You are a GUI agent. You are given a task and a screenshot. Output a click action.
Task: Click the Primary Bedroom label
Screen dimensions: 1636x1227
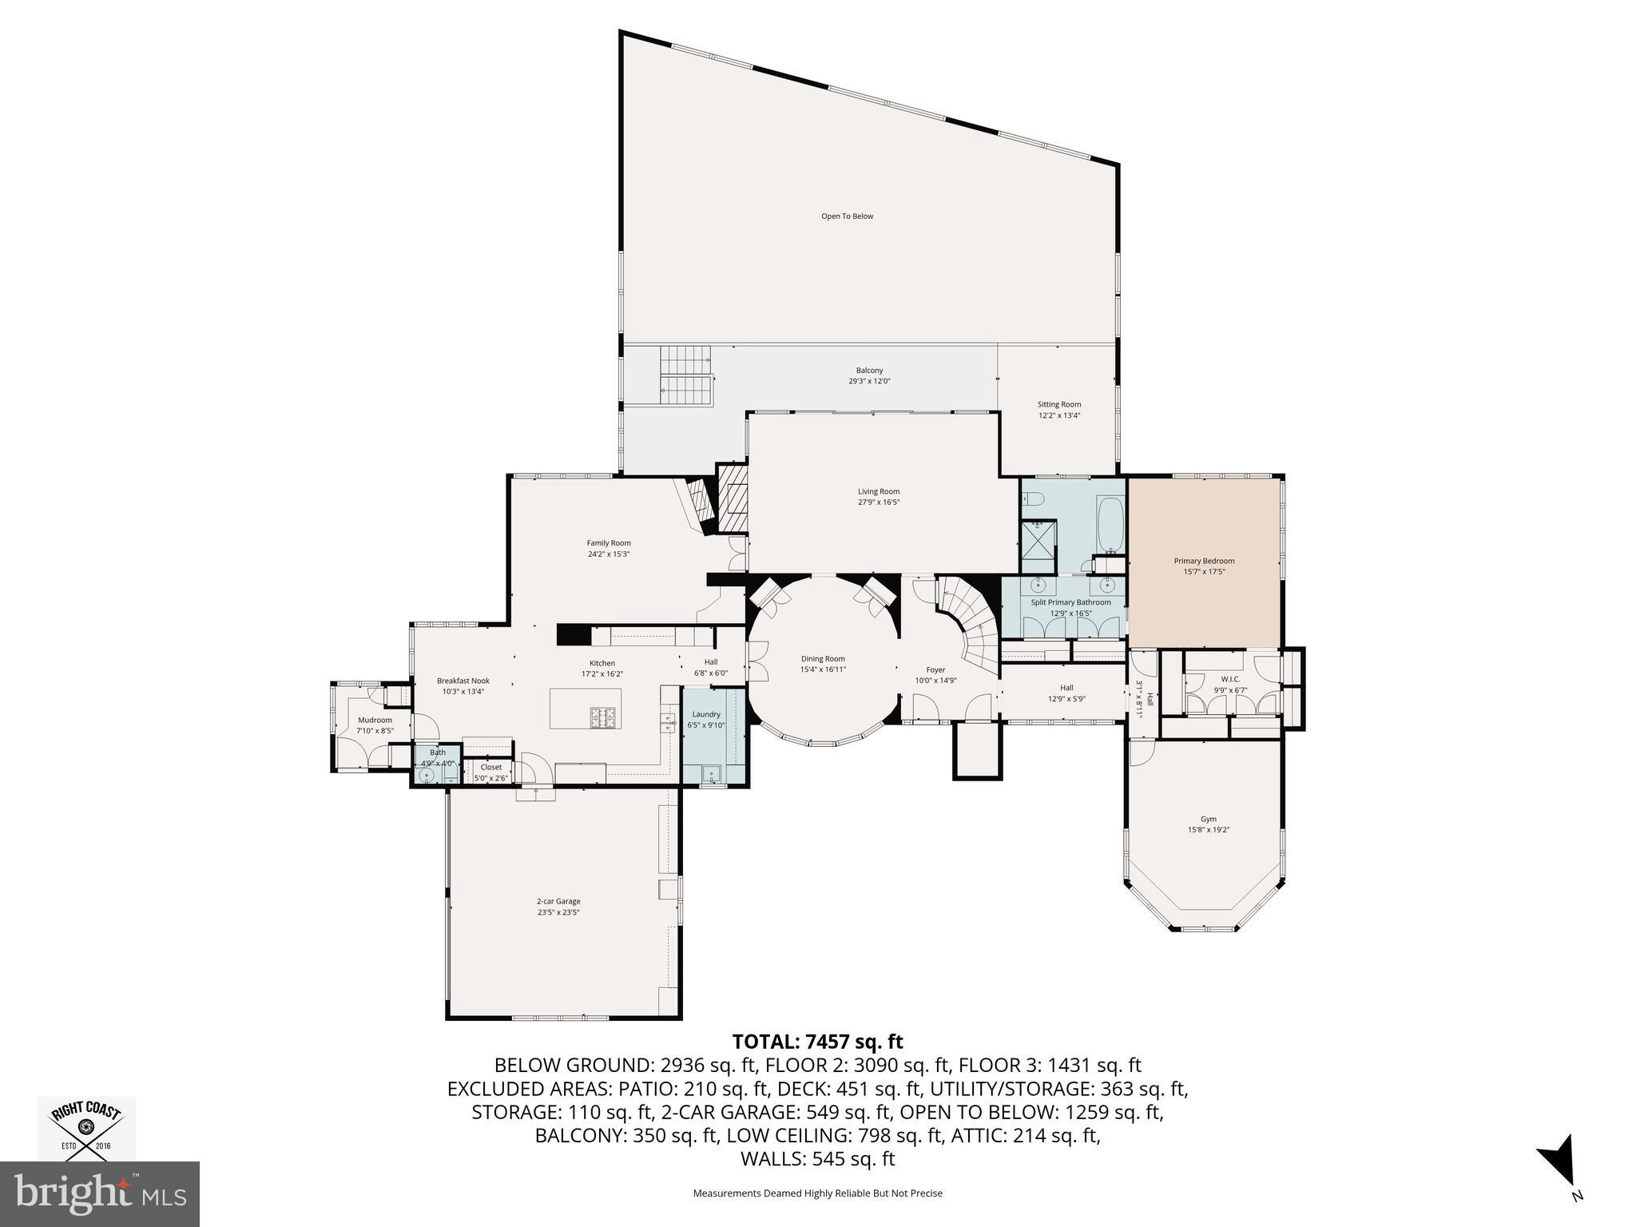(1204, 561)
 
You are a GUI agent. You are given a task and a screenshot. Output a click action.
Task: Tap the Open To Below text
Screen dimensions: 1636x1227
(847, 216)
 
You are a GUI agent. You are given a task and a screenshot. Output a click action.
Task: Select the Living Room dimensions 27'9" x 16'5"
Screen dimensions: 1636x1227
(879, 502)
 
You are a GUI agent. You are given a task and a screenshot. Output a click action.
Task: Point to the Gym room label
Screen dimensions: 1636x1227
(1208, 819)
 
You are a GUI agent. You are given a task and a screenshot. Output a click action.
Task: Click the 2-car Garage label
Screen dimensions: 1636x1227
(558, 901)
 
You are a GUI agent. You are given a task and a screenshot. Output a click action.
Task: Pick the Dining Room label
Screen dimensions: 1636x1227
(823, 659)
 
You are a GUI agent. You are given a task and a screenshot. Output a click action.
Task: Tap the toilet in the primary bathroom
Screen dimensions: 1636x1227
(1034, 499)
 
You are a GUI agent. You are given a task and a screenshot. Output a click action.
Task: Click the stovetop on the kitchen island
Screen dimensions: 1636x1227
(601, 717)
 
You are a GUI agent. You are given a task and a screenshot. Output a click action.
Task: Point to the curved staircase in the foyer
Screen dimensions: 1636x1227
(969, 623)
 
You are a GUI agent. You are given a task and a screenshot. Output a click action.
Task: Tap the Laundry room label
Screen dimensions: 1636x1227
(706, 714)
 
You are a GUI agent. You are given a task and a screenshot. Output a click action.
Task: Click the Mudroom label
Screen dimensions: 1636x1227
(375, 720)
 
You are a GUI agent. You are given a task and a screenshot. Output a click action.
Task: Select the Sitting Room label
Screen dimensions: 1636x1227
(1059, 404)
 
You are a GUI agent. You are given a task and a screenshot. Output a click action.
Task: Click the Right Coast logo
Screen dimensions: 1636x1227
(86, 1128)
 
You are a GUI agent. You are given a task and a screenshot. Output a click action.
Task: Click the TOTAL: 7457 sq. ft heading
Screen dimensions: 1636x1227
(817, 1042)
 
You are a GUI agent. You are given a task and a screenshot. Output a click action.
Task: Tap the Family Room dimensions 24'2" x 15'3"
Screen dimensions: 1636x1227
(609, 554)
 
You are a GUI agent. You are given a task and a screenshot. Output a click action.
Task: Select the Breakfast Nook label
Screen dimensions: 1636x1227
(463, 681)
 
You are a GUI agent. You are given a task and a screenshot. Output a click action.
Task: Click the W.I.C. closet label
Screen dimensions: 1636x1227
(1229, 679)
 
